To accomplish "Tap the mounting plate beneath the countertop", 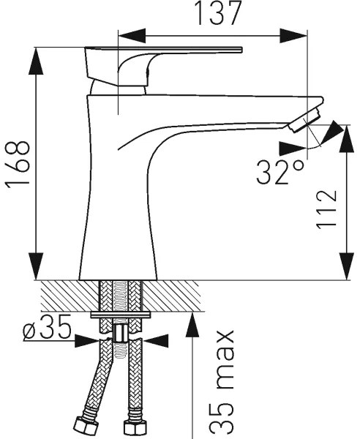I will tap(121, 315).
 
